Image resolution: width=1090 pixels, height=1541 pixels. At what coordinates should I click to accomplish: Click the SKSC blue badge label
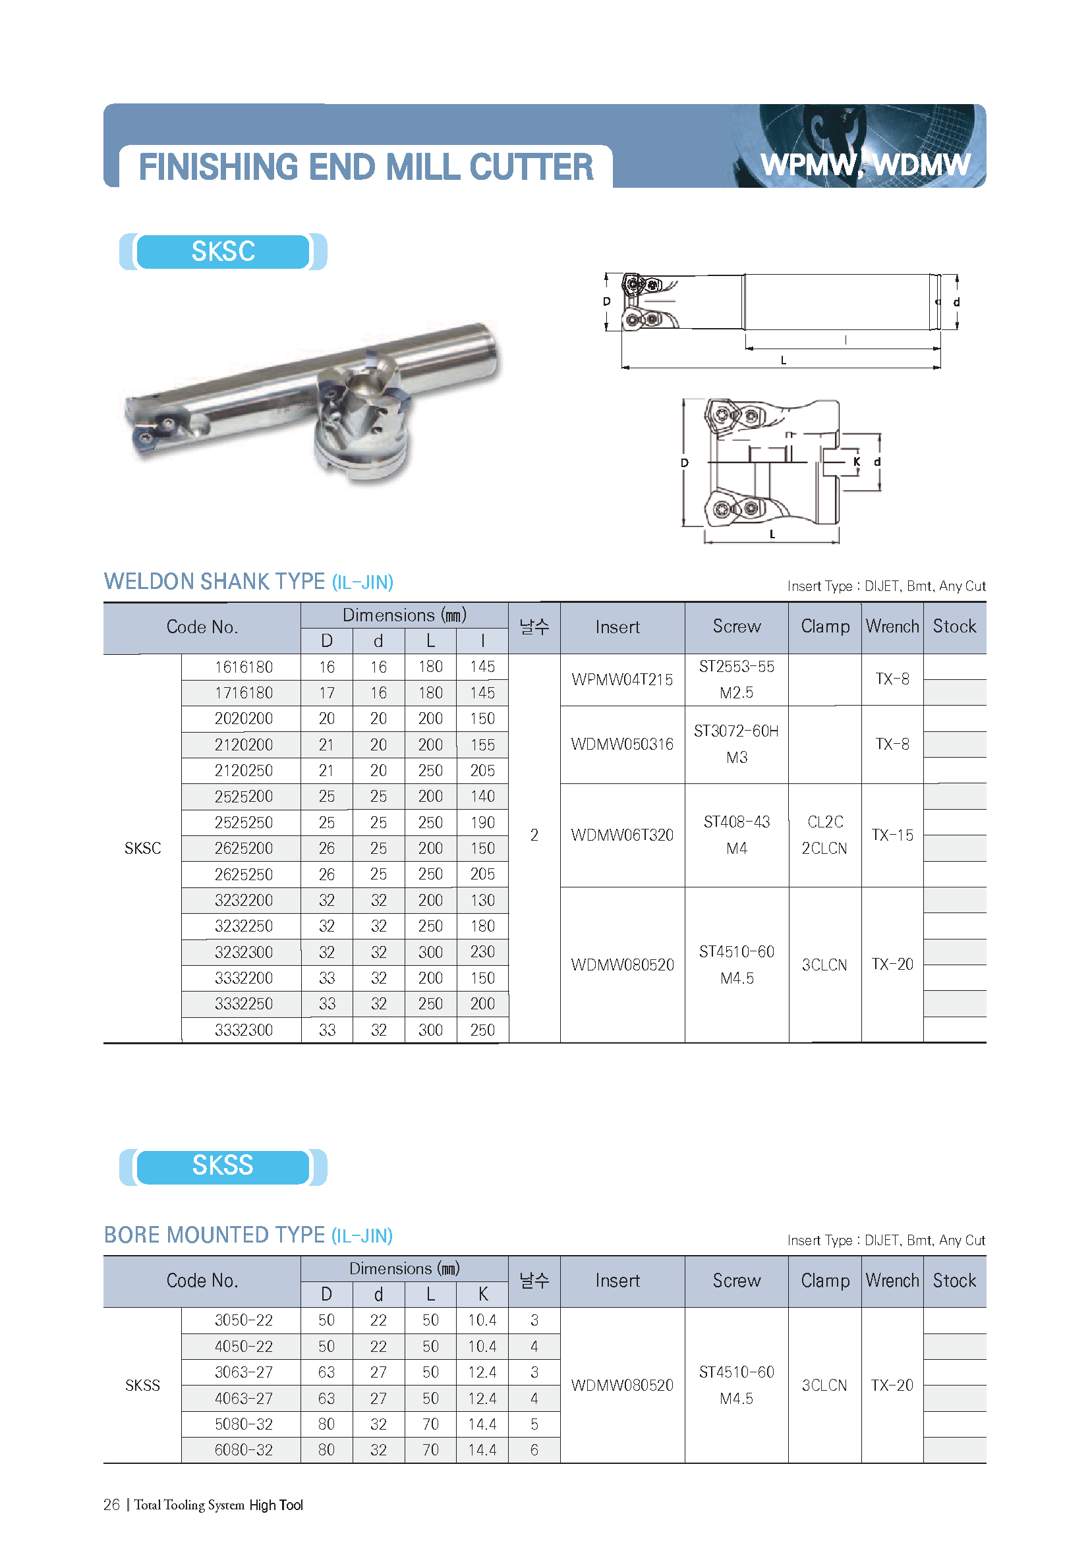(223, 252)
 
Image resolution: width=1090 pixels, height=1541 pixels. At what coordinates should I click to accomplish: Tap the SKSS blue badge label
(223, 1166)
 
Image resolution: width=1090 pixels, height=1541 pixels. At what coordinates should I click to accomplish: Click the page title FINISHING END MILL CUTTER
(366, 167)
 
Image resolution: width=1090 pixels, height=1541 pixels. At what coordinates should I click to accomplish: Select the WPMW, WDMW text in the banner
(865, 165)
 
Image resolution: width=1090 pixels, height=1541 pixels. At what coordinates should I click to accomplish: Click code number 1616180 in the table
(244, 667)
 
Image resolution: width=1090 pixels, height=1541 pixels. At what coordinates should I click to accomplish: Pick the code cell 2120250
(244, 771)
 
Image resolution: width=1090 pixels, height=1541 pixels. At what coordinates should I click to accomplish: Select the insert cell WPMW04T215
(622, 680)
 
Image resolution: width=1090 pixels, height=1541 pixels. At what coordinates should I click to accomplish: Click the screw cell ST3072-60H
(736, 731)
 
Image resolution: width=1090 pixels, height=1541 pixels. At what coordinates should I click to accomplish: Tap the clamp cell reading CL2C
(825, 822)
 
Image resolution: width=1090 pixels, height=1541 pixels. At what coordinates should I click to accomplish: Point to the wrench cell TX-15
(892, 835)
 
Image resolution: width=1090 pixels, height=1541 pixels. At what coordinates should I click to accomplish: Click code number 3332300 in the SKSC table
(244, 1030)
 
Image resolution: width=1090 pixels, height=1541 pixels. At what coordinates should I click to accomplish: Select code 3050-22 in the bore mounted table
(244, 1320)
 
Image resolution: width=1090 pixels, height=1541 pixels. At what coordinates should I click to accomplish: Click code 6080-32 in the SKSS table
(244, 1449)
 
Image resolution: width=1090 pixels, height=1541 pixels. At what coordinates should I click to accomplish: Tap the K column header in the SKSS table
(482, 1294)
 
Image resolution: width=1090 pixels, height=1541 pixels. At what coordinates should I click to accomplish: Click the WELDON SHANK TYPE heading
(214, 581)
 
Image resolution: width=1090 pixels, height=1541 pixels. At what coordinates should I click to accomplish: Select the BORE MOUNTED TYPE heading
(214, 1235)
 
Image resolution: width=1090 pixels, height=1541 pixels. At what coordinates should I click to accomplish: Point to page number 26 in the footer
(111, 1505)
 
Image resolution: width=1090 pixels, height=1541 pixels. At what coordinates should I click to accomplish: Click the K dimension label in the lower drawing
(857, 462)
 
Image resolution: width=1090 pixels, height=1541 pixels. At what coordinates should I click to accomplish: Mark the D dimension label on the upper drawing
(607, 301)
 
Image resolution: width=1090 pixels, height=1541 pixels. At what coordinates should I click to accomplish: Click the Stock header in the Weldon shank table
(954, 627)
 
